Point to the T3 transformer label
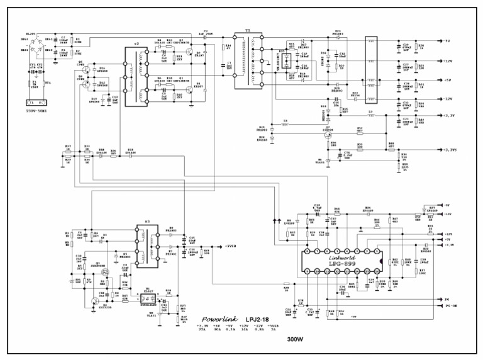[147, 223]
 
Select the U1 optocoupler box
[149, 295]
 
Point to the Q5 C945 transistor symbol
[86, 67]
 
